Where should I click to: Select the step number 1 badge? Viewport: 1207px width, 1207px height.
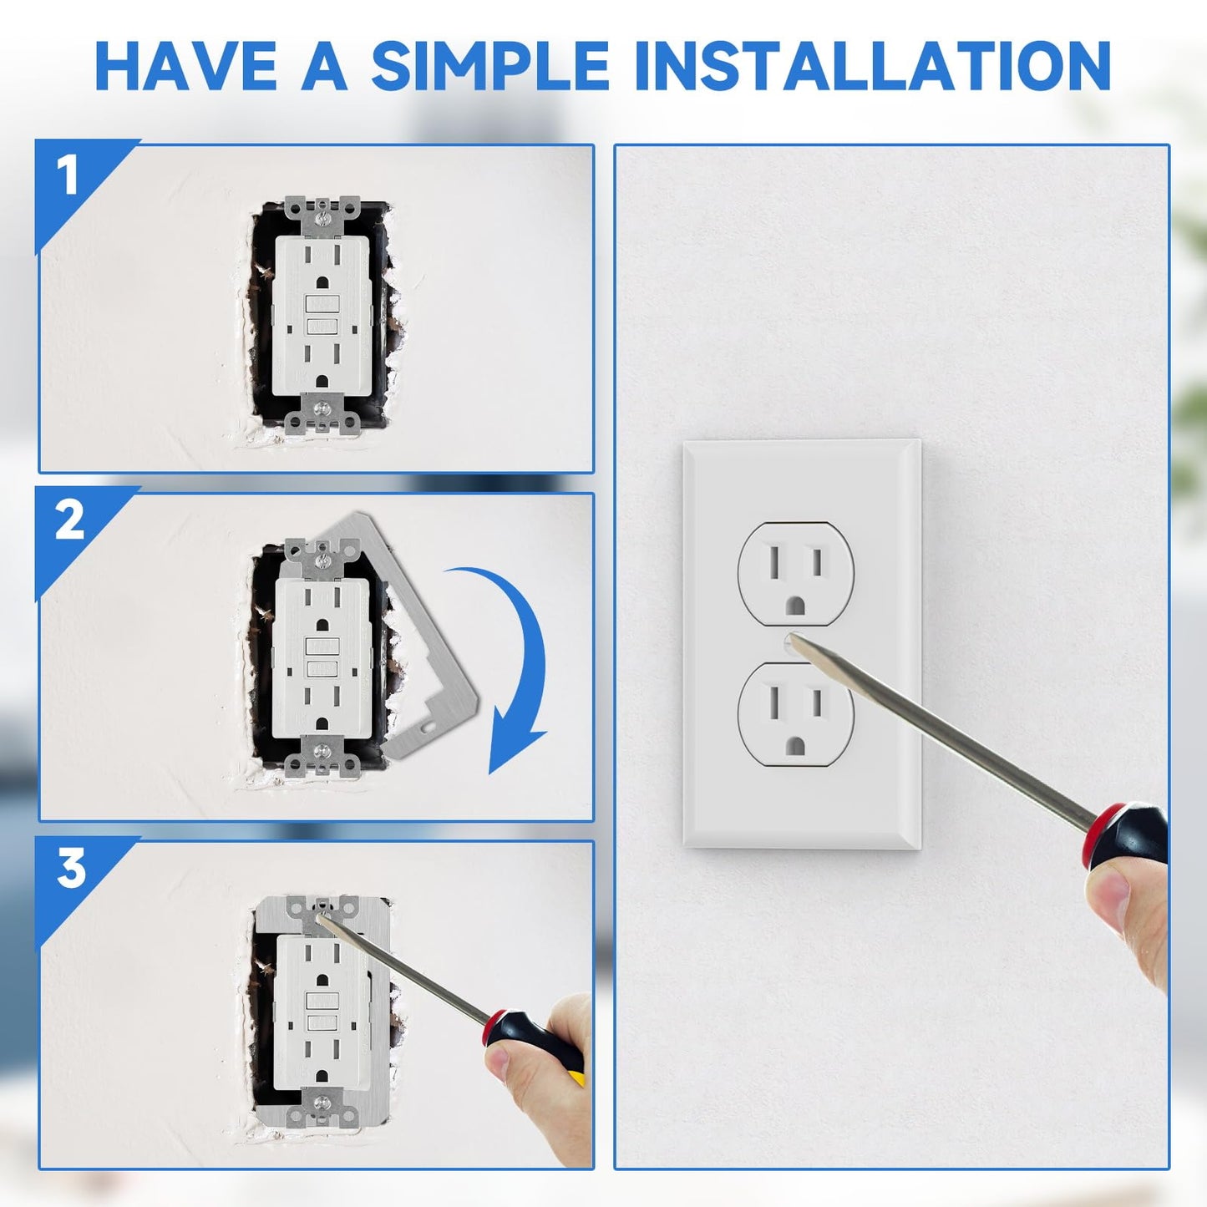[68, 175]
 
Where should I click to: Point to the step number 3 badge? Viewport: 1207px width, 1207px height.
[71, 868]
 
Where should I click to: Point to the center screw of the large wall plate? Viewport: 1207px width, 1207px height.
[790, 642]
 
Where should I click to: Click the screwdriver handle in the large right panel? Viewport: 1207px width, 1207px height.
[1128, 835]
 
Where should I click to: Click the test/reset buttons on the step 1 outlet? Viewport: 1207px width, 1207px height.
[321, 315]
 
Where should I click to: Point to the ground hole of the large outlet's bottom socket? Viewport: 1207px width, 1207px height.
[796, 744]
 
